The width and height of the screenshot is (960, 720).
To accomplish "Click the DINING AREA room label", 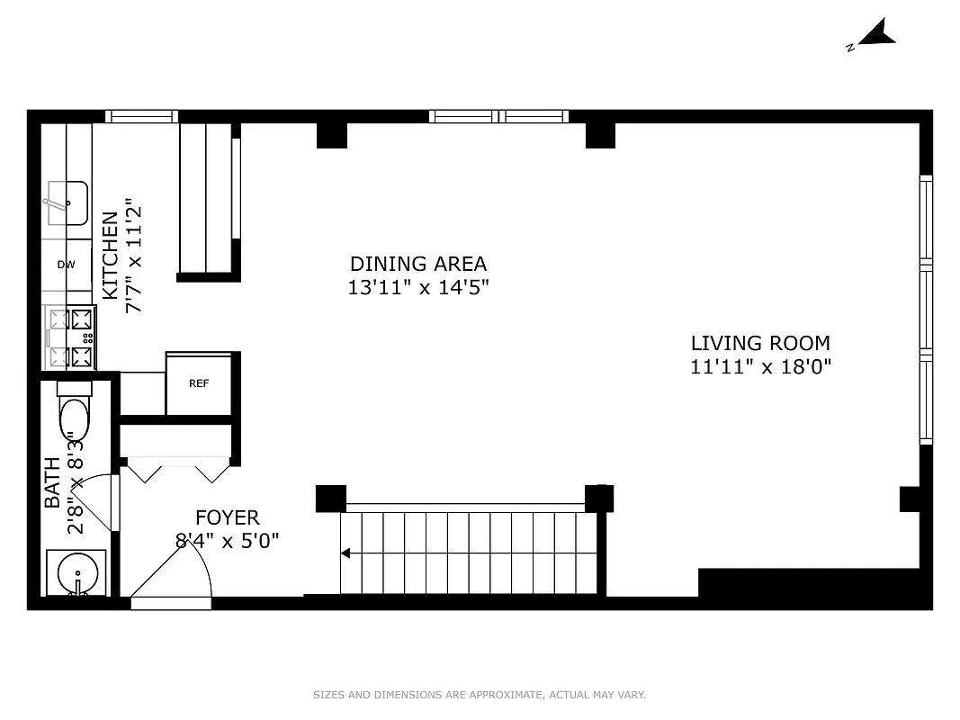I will (x=418, y=264).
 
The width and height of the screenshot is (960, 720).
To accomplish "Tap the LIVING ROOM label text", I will (x=760, y=343).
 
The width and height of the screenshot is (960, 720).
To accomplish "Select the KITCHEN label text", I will (x=110, y=256).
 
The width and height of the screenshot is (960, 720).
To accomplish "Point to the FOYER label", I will (x=228, y=517).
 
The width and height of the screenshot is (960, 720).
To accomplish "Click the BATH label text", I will (x=53, y=481).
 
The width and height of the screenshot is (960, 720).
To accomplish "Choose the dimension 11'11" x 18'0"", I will (x=760, y=366).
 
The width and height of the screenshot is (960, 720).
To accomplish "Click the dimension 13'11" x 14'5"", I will (x=418, y=287).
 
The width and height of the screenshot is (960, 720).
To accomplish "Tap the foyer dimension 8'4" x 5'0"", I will (x=228, y=541).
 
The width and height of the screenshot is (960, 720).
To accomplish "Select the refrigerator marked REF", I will (x=199, y=383).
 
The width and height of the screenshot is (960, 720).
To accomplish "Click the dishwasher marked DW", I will (x=66, y=265).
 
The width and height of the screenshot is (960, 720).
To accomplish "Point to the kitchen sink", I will (x=67, y=203).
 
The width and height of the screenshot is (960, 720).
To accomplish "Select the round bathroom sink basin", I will (x=76, y=572).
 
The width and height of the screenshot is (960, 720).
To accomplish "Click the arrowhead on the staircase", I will (x=345, y=553).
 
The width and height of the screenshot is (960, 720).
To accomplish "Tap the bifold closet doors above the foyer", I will (x=178, y=469).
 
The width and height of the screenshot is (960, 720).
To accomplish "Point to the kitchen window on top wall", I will (x=141, y=116).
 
